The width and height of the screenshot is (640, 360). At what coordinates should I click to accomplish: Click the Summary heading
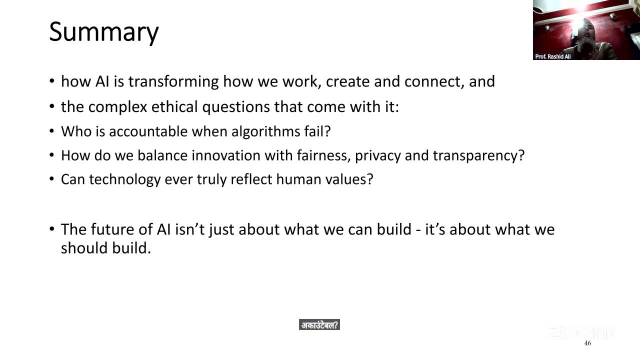[x=103, y=32]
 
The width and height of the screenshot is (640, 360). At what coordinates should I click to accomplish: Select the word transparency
[x=478, y=155]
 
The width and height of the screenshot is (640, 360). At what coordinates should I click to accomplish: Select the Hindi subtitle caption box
[x=319, y=325]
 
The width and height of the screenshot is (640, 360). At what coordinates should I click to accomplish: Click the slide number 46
[x=587, y=343]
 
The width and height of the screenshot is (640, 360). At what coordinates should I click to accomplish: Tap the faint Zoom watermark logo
[x=580, y=332]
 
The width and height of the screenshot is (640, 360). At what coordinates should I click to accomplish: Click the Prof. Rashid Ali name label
[x=552, y=56]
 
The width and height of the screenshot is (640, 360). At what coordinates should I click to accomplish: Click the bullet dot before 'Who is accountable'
[x=52, y=131]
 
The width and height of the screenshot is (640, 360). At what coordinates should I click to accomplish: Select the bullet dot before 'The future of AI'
[x=52, y=229]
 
